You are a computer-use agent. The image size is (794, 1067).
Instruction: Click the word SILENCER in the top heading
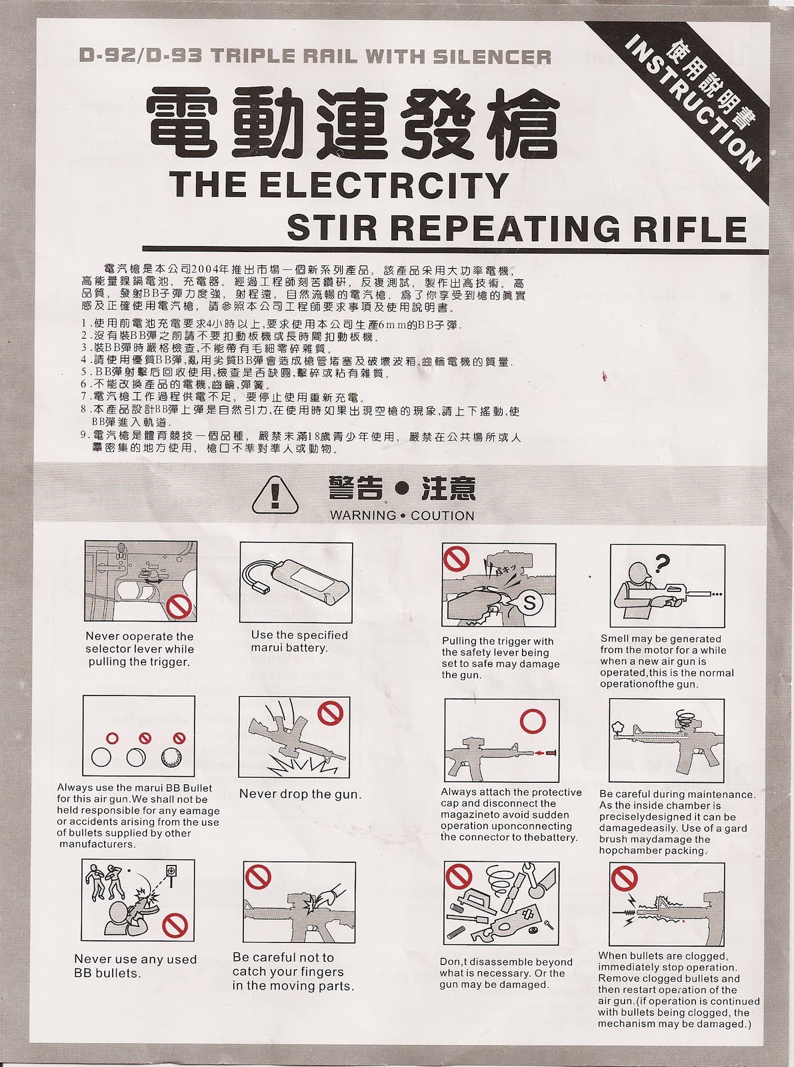(492, 57)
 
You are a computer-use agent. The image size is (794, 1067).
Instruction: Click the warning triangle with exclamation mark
(275, 495)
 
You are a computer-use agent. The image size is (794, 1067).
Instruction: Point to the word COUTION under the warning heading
(443, 515)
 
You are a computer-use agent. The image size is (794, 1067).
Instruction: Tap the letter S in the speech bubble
(529, 603)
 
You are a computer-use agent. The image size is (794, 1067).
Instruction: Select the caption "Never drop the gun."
(300, 794)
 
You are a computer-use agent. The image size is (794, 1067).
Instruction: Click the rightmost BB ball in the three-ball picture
(172, 758)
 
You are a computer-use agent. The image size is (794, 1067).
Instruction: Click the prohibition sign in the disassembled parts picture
(458, 877)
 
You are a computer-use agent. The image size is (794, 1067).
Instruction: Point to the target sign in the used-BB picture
(171, 872)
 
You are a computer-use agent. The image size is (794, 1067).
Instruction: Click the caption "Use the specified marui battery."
(299, 642)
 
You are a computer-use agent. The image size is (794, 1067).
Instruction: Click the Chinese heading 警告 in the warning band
(355, 489)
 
